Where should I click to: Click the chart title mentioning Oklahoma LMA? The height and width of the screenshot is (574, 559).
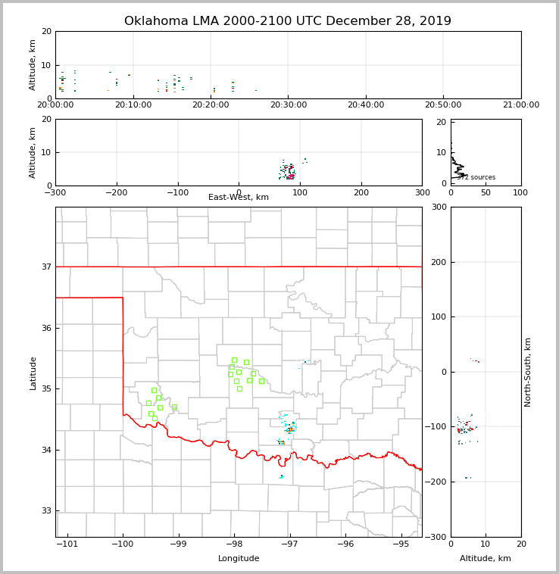[x=287, y=21]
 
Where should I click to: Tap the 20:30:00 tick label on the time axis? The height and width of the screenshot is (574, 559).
[x=288, y=105]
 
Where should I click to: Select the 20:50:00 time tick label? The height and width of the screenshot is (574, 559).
[x=443, y=105]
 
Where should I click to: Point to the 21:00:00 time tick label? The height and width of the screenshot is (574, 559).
[x=520, y=105]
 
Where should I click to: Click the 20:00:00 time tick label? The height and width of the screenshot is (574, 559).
[x=55, y=105]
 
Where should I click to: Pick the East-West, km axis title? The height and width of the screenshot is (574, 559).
[x=239, y=198]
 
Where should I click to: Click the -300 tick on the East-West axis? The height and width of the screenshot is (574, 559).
[x=55, y=192]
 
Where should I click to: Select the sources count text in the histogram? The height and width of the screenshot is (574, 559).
[x=476, y=178]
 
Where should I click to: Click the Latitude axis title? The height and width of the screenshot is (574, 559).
[x=33, y=373]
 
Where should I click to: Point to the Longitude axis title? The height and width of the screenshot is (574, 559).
[x=239, y=559]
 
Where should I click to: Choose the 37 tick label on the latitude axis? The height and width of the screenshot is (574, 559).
[x=45, y=267]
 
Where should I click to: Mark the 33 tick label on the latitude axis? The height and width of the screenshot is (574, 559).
[x=45, y=511]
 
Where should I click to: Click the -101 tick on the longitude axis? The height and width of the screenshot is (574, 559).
[x=67, y=544]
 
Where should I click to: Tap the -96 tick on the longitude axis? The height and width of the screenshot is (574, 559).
[x=345, y=544]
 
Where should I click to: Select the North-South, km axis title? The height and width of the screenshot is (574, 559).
[x=528, y=372]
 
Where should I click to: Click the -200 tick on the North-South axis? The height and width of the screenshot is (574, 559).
[x=439, y=482]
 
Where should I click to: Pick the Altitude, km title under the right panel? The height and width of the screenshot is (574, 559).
[x=486, y=559]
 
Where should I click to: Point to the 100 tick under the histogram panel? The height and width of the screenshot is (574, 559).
[x=520, y=192]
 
